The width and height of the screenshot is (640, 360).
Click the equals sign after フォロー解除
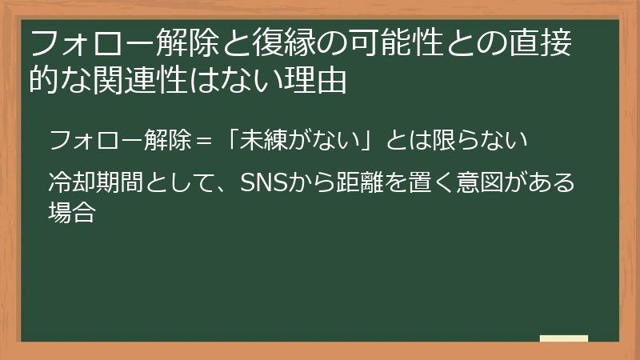203,142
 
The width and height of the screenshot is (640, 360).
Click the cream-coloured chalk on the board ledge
564,338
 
